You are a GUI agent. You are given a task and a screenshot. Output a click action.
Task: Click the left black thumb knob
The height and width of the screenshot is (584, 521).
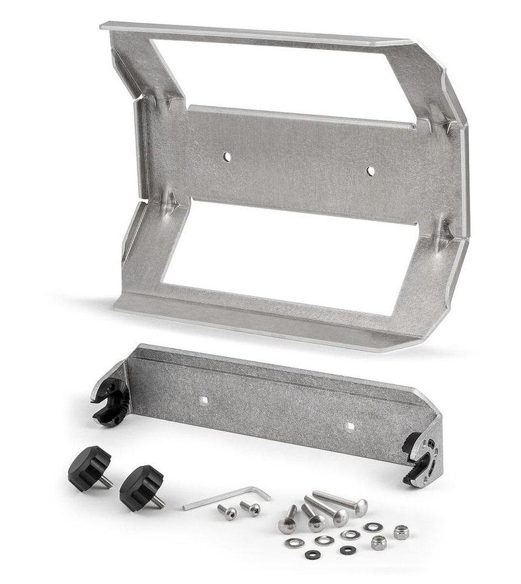click(x=88, y=466)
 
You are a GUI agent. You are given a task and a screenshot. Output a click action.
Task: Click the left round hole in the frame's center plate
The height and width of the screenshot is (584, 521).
click(x=227, y=156)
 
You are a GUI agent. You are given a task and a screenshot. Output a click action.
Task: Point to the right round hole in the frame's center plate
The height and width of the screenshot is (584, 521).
click(x=370, y=171)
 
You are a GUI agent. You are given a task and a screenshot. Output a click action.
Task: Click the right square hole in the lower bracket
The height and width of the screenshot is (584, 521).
click(x=350, y=426)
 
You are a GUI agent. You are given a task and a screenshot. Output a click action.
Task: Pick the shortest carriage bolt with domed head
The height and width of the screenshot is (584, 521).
click(x=288, y=519)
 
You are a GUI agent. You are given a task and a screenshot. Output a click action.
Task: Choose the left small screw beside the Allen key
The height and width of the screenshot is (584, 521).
click(x=227, y=512)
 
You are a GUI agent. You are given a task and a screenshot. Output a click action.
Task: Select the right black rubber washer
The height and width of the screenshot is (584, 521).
click(x=348, y=550)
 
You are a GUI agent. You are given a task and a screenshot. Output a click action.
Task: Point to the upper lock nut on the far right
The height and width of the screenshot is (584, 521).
click(x=401, y=532)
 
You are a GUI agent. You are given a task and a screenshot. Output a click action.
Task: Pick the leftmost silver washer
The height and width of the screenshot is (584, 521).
click(x=294, y=542)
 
